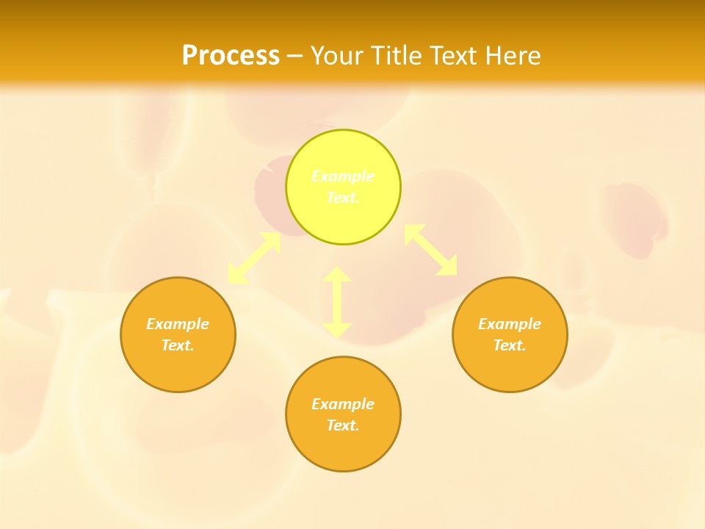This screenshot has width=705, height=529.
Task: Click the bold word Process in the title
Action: point(231,56)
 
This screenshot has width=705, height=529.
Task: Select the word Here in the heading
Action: point(512,56)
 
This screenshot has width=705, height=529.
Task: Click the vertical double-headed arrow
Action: point(337,302)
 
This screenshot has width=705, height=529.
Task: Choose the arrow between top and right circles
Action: point(431,250)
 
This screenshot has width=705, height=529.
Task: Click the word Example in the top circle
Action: point(343,176)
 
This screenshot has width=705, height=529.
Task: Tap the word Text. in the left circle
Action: point(178,345)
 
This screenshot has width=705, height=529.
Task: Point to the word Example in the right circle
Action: point(510,324)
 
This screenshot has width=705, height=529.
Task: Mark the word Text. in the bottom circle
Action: point(343,425)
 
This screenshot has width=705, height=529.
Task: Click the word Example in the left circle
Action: point(178,324)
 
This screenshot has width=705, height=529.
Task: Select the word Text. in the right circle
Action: point(510,345)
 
